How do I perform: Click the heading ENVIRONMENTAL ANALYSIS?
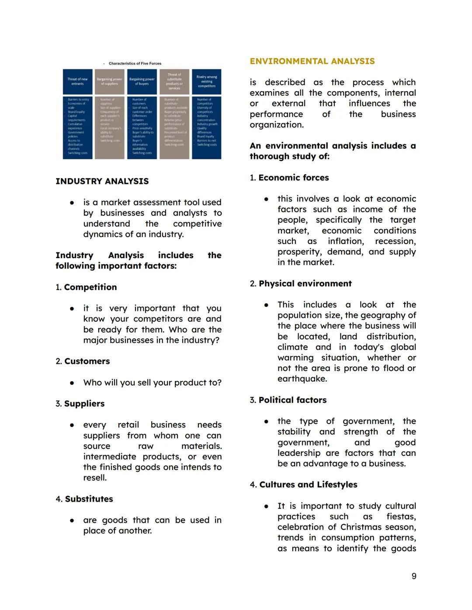point(312,62)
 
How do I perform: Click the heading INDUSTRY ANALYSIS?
point(102,181)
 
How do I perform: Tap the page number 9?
point(413,576)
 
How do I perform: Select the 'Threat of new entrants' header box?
point(77,81)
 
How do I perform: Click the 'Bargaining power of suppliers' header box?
point(110,81)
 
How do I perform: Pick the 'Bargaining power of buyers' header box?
point(142,81)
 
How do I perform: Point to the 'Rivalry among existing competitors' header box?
point(206,81)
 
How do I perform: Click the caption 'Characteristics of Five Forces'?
point(135,64)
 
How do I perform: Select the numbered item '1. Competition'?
point(86,287)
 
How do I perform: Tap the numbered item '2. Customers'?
point(83,362)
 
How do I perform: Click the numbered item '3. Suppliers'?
point(80,404)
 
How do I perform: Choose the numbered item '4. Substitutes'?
point(84,499)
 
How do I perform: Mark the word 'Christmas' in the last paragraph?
point(359,527)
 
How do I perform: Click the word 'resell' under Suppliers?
point(94,478)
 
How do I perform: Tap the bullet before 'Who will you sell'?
point(72,383)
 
